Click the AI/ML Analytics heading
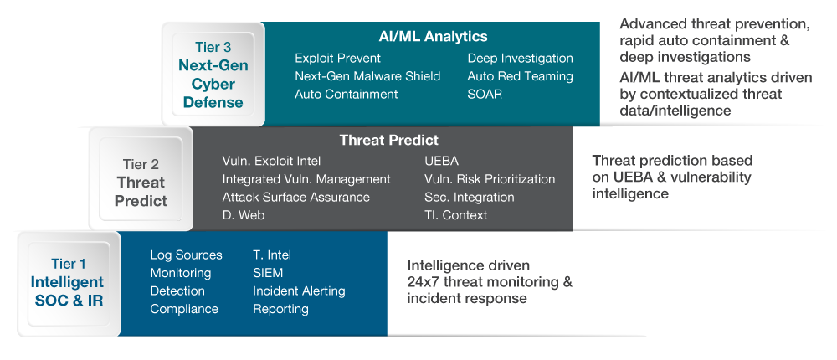coord(433,36)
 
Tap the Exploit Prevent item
coord(337,59)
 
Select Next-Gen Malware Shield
coord(367,76)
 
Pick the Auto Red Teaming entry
coord(520,76)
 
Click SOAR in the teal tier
coord(485,94)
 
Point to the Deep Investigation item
coord(520,59)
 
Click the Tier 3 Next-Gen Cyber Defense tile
coord(213,75)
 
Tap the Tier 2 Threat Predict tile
coord(141,179)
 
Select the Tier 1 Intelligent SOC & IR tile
coord(69,284)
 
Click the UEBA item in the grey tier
coord(441,161)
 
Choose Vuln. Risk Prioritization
coord(490,179)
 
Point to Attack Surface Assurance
coord(295,197)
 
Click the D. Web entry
coord(244,214)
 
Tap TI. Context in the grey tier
coord(456,214)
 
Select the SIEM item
coord(268,273)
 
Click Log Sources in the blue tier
coord(186,255)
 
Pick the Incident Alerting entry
coord(299,291)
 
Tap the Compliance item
coord(184,309)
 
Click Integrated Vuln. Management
coord(306,179)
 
